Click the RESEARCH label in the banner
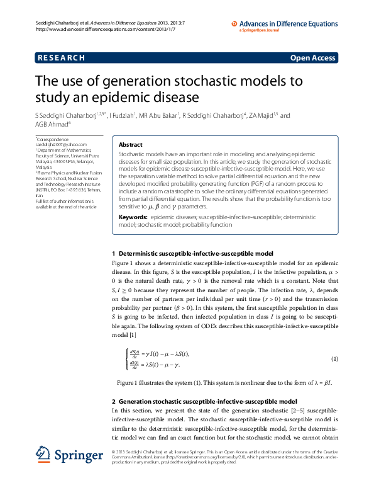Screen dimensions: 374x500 (61, 58)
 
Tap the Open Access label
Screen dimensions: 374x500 (313, 58)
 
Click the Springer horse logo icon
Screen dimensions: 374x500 (43, 454)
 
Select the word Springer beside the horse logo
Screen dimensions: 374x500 (79, 455)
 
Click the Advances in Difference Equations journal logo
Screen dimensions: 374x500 (286, 23)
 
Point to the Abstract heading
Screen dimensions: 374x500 (130, 144)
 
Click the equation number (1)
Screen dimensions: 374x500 (335, 359)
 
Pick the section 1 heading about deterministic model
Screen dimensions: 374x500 (192, 253)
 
